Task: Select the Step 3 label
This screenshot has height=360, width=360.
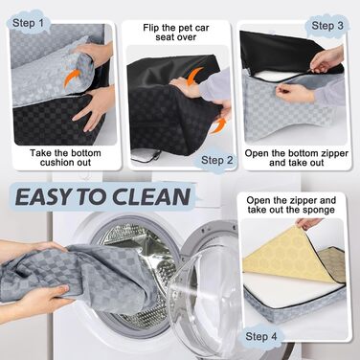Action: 328,24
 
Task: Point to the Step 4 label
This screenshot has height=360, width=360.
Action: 264,336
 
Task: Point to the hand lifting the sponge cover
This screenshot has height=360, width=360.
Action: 308,223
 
